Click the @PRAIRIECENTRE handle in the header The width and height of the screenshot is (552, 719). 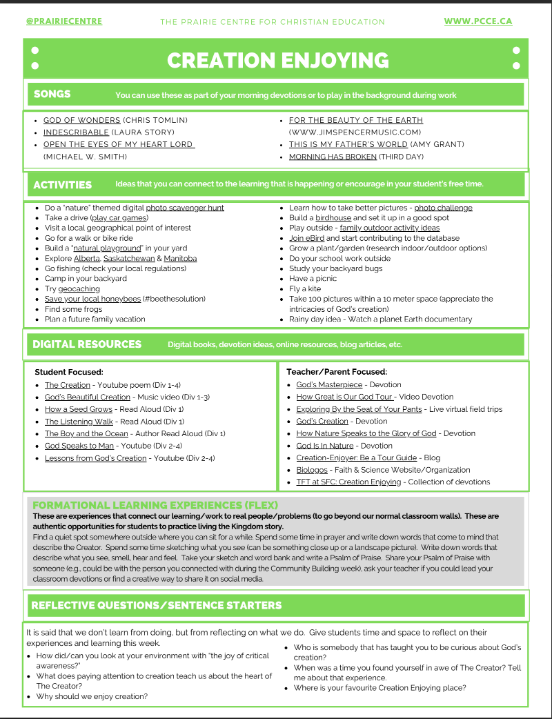click(64, 21)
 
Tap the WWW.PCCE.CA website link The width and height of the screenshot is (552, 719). click(477, 21)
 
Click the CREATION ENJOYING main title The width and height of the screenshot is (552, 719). click(277, 60)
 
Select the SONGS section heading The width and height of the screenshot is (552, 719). click(52, 94)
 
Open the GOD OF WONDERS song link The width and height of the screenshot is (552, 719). click(81, 120)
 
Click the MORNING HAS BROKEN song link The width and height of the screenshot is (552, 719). click(333, 157)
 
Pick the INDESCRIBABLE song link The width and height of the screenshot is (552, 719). click(76, 132)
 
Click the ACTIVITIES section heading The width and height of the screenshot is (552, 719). click(62, 184)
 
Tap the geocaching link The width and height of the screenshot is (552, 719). click(79, 289)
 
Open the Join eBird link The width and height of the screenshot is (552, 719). click(306, 238)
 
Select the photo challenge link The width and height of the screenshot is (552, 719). click(443, 208)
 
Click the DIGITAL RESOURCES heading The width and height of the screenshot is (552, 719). click(87, 344)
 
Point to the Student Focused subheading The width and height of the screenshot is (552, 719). click(69, 372)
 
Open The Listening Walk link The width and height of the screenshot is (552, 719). click(79, 421)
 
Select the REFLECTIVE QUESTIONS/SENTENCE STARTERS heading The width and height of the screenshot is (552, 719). click(156, 605)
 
